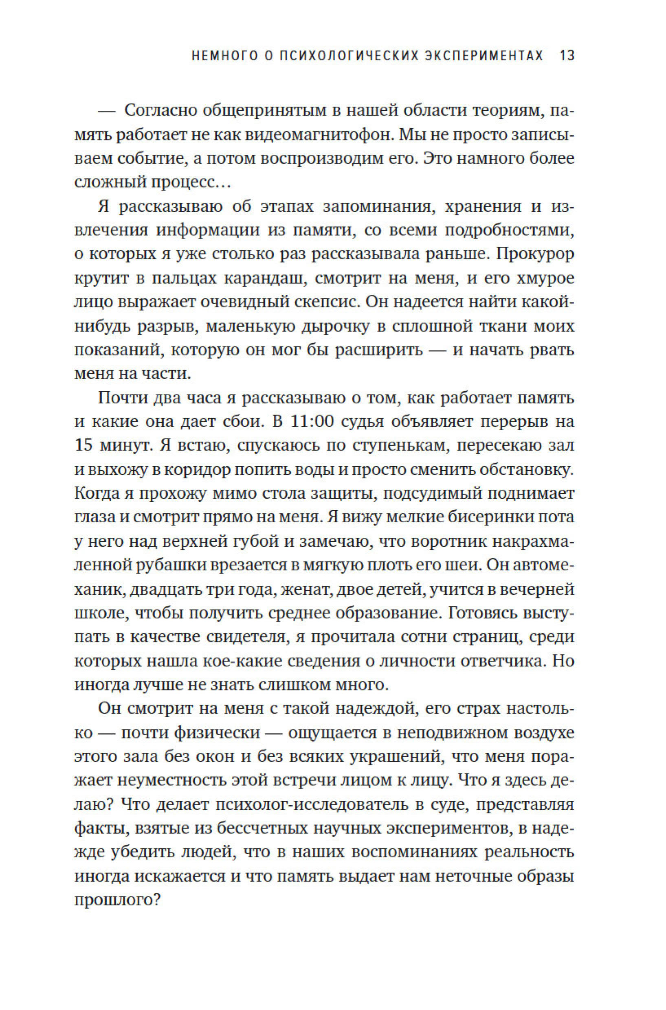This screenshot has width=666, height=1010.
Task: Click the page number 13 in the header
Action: tap(567, 56)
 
